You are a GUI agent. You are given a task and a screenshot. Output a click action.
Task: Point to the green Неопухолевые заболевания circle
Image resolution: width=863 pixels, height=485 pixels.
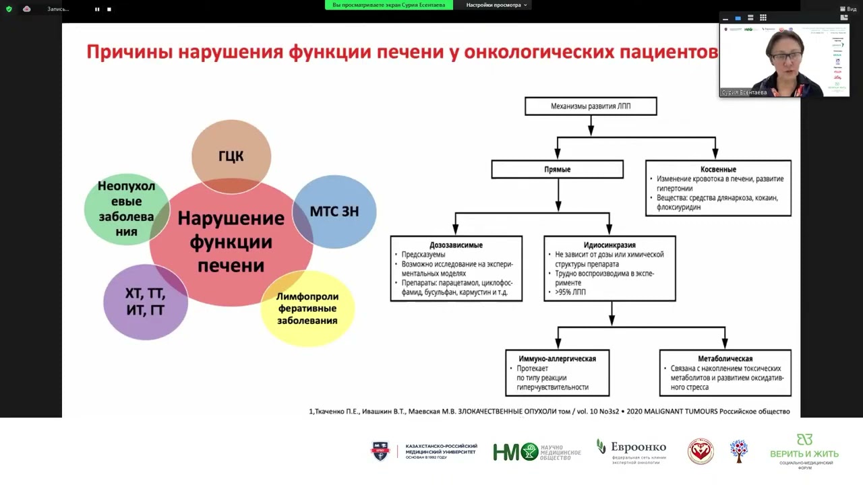tap(126, 209)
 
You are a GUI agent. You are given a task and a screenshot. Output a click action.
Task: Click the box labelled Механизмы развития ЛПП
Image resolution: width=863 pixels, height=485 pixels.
tap(591, 106)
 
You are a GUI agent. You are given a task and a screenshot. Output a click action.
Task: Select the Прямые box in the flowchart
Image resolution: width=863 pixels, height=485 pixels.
tap(557, 169)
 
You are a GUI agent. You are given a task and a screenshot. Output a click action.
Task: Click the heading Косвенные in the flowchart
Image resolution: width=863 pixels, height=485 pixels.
tap(718, 169)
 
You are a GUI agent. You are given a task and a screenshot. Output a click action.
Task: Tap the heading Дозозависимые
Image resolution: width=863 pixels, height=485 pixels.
tap(456, 245)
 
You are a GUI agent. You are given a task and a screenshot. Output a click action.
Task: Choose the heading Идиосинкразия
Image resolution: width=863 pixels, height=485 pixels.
tap(609, 245)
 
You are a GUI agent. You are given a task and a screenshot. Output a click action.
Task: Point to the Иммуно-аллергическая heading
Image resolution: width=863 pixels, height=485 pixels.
tap(557, 358)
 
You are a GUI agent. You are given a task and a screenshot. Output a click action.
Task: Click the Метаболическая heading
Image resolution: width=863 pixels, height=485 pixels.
tap(725, 358)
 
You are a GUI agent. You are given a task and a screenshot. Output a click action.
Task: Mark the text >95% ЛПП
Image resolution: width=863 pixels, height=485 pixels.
tap(571, 292)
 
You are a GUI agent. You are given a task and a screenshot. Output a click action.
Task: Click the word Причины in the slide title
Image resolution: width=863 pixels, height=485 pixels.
tap(129, 53)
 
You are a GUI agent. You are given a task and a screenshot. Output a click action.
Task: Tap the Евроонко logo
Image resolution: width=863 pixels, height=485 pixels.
tap(631, 449)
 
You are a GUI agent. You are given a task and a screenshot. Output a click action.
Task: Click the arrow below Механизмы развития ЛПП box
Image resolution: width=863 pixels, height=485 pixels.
tap(591, 125)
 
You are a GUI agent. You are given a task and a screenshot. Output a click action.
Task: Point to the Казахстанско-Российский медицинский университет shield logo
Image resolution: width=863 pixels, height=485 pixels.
tap(380, 451)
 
